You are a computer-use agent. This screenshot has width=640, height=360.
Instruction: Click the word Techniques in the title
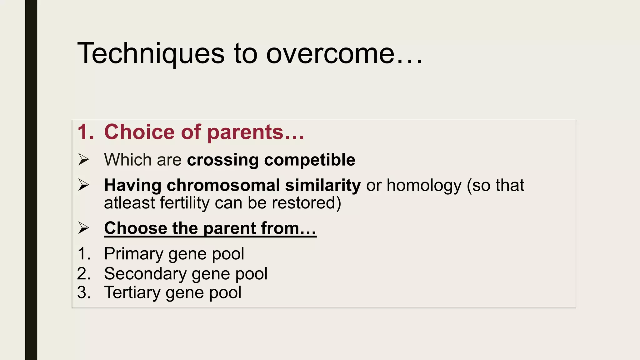(x=151, y=54)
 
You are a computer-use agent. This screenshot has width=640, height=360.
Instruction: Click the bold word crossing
(x=223, y=160)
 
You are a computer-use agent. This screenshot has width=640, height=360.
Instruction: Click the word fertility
(x=185, y=203)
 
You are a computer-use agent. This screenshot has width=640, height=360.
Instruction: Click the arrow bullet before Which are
(x=84, y=160)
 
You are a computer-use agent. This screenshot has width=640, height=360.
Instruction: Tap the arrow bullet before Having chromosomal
(x=84, y=185)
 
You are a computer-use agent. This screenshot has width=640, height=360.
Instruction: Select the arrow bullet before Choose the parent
(x=84, y=228)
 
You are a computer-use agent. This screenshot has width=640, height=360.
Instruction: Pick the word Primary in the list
(x=133, y=254)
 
